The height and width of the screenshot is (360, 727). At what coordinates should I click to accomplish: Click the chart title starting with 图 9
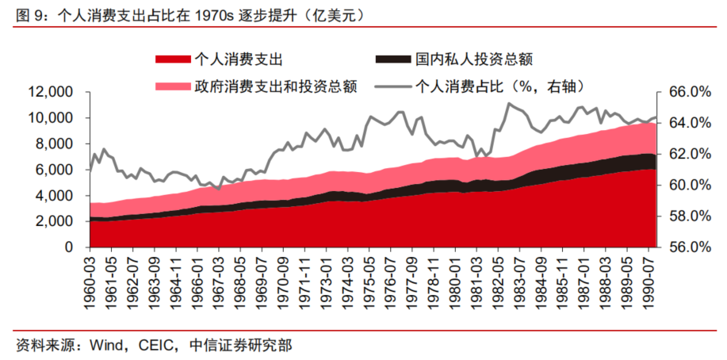click(x=190, y=13)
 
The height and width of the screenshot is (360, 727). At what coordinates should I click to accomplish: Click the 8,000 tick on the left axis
click(x=57, y=144)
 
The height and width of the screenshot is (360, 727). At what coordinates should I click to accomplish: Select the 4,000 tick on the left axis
click(x=57, y=195)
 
